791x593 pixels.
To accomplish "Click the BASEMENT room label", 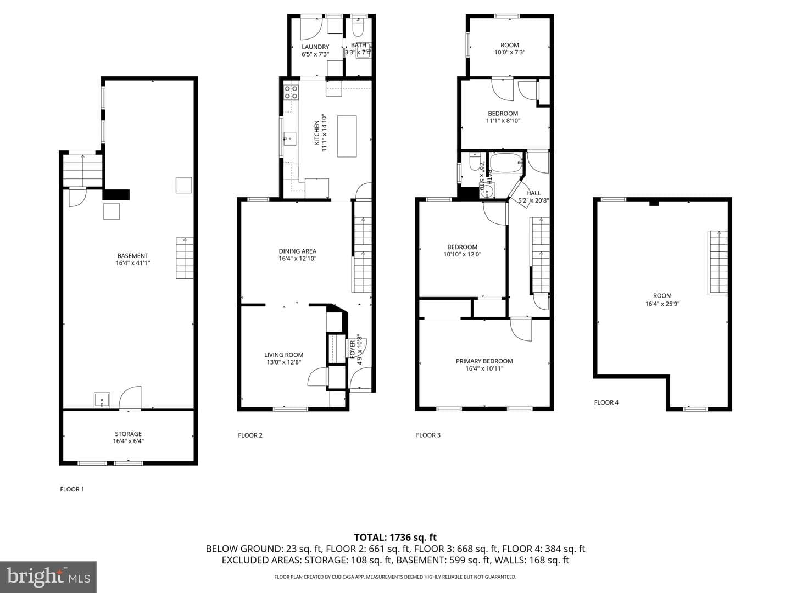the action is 132,256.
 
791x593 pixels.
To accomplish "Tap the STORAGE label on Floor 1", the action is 129,434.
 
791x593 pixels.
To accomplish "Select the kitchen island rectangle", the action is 347,137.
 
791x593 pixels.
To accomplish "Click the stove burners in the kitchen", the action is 291,92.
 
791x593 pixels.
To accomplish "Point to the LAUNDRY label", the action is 315,47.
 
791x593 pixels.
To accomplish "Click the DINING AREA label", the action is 297,251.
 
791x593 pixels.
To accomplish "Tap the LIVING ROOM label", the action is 283,355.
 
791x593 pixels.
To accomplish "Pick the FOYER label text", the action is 353,349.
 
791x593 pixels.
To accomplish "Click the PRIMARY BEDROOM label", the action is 484,361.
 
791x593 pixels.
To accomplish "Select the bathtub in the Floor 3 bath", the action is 506,164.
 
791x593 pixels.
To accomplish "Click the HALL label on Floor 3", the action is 533,193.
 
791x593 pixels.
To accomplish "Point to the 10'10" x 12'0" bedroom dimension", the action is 463,254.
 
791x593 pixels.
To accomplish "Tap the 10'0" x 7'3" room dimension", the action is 510,52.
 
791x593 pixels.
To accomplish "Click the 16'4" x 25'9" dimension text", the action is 662,304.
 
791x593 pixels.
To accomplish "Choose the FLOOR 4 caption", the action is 606,402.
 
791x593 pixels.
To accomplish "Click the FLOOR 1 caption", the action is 72,489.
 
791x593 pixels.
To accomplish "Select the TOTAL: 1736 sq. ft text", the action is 395,538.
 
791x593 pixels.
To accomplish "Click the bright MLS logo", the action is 48,577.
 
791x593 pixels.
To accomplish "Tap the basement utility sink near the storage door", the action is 102,400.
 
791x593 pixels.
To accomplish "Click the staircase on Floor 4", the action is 718,263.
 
